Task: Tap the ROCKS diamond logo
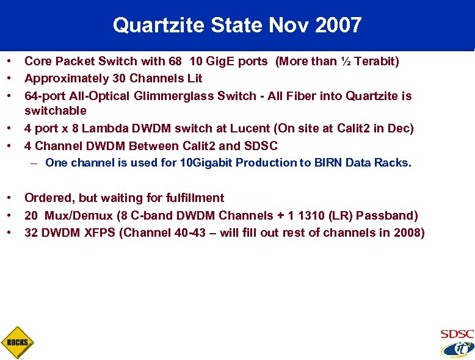click(17, 342)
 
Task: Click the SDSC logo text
click(457, 334)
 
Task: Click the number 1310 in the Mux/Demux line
click(321, 215)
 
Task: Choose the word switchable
click(56, 111)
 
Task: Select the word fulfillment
click(195, 198)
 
